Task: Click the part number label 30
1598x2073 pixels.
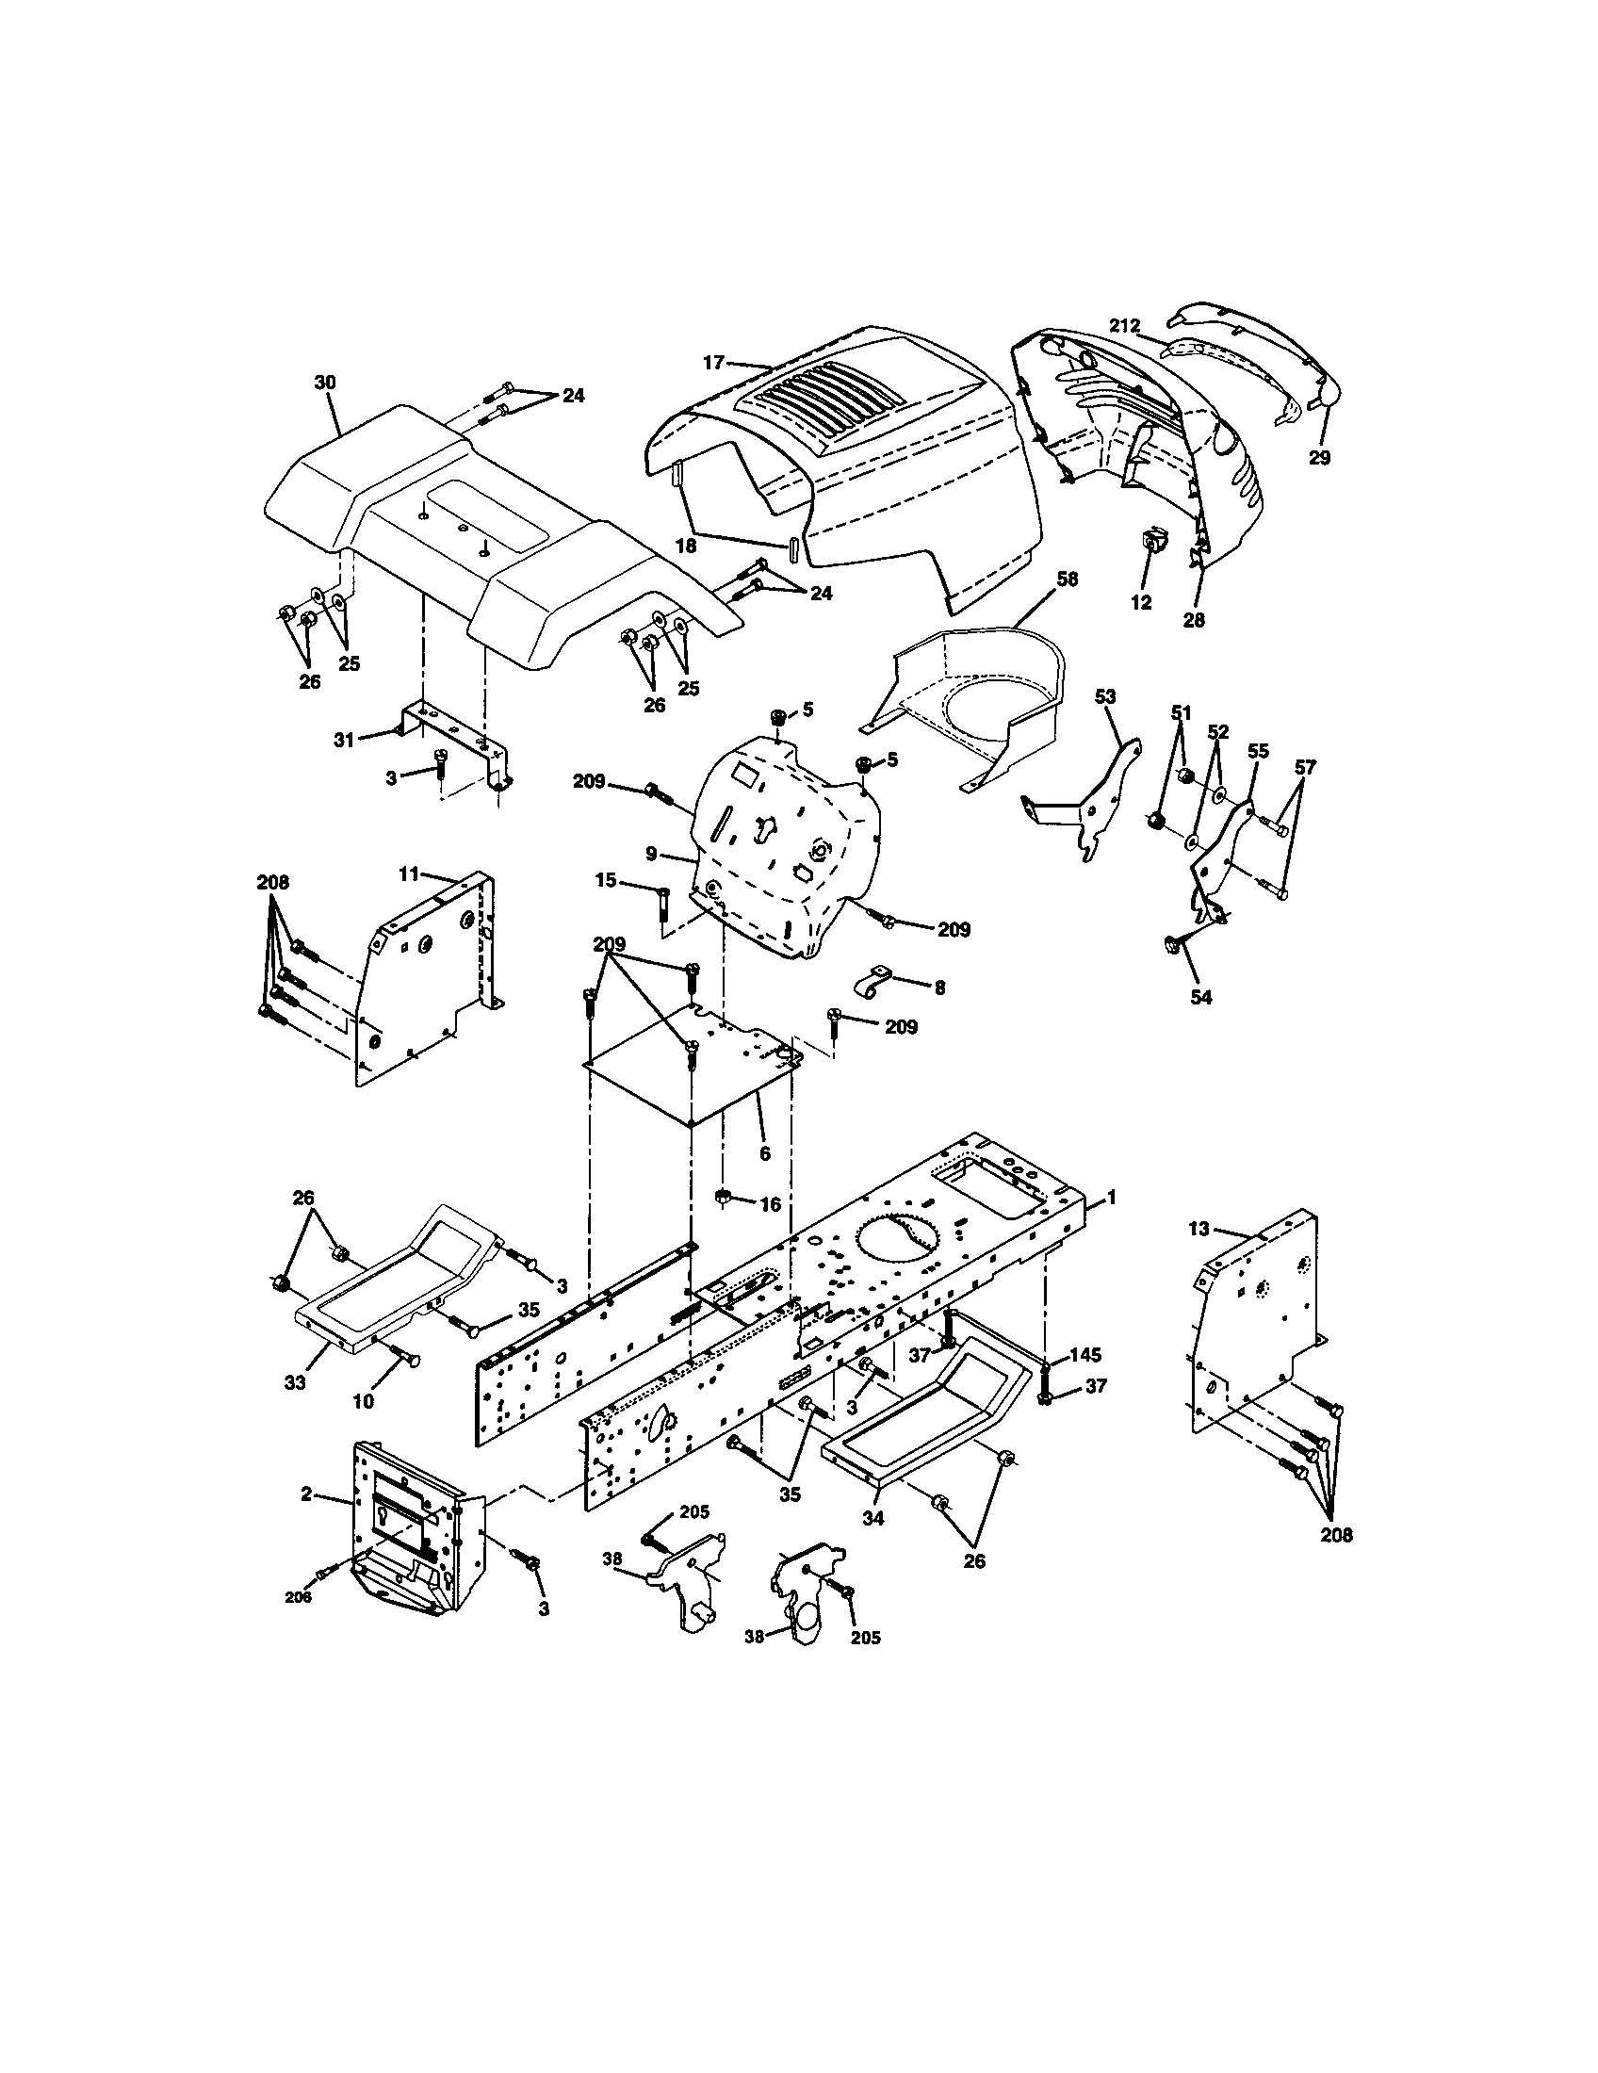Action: (x=325, y=383)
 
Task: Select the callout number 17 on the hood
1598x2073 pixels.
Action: (x=713, y=362)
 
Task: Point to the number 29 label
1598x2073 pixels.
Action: (x=1319, y=458)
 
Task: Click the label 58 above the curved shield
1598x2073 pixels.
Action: (x=1068, y=579)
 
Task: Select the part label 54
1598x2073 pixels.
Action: (x=1201, y=998)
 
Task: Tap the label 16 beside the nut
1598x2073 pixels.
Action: (x=771, y=1204)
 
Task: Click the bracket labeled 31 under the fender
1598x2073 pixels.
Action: (x=453, y=734)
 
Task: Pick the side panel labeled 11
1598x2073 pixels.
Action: (x=427, y=978)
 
